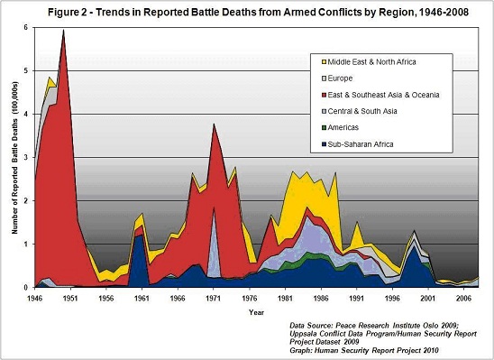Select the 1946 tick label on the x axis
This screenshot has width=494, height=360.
[x=34, y=296]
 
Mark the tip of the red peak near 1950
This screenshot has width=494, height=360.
[x=63, y=31]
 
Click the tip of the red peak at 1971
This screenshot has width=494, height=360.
[x=213, y=125]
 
